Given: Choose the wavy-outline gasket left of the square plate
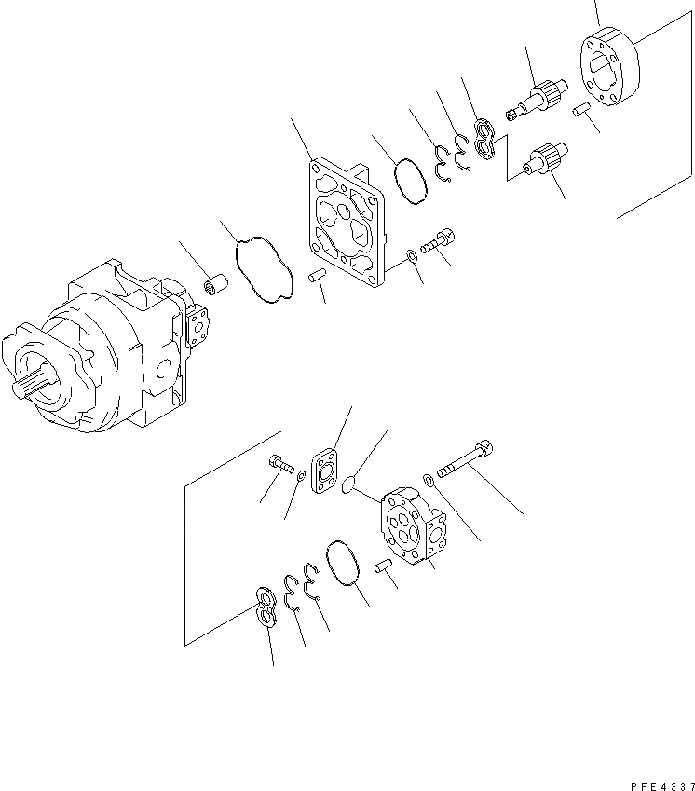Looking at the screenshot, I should point(265,270).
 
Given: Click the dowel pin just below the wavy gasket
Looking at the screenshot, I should point(316,275).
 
